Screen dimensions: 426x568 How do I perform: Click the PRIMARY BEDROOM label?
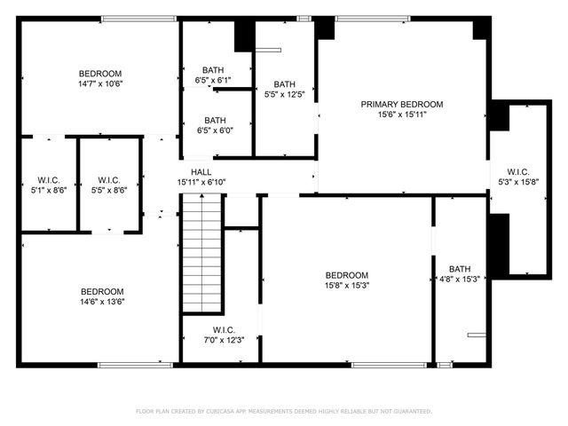coord(401,104)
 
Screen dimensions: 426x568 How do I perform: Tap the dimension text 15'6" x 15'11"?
coord(401,114)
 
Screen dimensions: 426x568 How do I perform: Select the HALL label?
coord(201,172)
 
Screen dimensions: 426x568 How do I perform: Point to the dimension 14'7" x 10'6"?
coord(99,84)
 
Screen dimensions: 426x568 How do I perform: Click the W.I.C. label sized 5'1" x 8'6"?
coord(48,179)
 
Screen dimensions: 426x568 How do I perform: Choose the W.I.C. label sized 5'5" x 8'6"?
coord(109,179)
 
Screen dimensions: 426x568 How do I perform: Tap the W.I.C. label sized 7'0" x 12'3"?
coord(223,329)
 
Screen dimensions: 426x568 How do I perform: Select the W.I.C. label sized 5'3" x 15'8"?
coord(518,172)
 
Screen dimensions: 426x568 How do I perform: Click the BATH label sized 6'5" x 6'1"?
coord(213,70)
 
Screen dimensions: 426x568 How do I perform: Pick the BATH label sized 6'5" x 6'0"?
coord(215,121)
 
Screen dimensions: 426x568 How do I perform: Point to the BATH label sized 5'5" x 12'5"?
coord(284,84)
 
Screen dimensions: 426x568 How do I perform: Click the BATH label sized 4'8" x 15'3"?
coord(460,269)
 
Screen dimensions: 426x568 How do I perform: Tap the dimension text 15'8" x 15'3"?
coord(346,286)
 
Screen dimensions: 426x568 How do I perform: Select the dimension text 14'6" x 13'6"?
coord(102,302)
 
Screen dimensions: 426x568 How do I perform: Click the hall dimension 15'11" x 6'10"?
coord(201,183)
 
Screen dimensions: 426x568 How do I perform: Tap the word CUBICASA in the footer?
coord(226,412)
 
